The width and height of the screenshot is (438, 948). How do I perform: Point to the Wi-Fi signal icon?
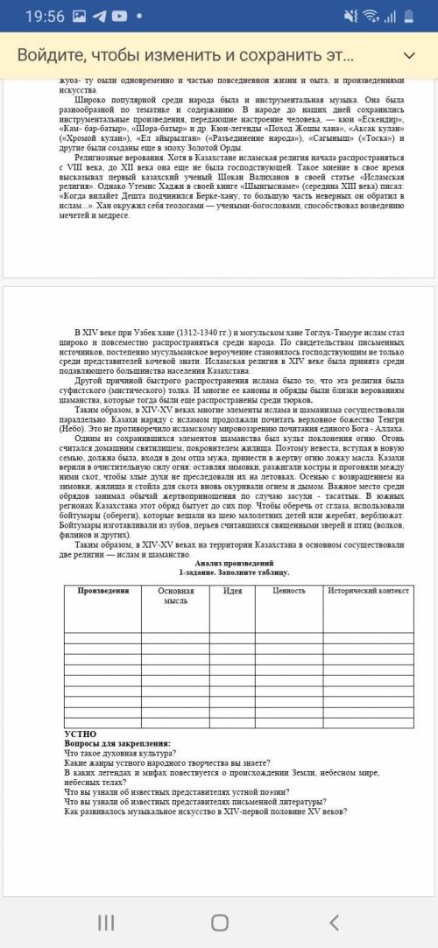tap(371, 17)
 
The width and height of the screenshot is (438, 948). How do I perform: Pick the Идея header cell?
tap(232, 591)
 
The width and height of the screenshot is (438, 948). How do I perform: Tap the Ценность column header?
tap(289, 591)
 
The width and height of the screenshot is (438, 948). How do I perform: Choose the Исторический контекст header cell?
tap(368, 591)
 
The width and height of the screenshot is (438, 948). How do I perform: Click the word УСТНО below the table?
tap(81, 733)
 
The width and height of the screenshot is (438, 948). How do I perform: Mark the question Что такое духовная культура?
tap(121, 753)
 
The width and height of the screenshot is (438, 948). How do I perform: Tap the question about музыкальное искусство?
tap(206, 811)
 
